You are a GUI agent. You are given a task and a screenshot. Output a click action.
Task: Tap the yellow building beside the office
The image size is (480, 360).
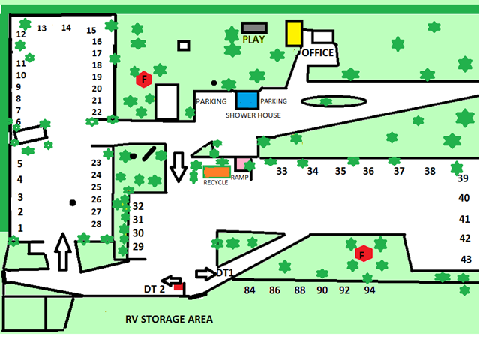pos(293,33)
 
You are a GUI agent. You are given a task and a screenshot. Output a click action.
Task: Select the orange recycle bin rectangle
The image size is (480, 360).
pos(217,172)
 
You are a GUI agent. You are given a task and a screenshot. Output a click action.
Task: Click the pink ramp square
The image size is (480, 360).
pos(241,164)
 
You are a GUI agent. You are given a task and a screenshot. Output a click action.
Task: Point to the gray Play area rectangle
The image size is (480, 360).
pos(254,28)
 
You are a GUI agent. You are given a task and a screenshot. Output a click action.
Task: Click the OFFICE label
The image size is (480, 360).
pos(317,52)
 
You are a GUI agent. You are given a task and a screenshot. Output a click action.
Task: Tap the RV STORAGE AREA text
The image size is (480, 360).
pos(169,319)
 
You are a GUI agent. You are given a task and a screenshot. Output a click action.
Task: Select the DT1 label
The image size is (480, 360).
pos(226,272)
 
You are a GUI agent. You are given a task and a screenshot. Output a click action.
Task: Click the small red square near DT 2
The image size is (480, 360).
pos(178,286)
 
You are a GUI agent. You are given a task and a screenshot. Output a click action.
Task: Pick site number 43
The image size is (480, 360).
pos(466,259)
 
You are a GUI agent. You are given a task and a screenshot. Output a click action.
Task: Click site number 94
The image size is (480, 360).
pos(370,289)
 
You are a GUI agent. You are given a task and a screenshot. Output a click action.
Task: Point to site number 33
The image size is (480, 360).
pos(282,171)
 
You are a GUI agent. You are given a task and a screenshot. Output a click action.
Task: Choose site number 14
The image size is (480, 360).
pos(66,28)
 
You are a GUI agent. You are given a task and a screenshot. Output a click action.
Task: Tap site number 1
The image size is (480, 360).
pos(21,227)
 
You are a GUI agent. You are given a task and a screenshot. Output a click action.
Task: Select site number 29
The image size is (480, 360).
pos(138,246)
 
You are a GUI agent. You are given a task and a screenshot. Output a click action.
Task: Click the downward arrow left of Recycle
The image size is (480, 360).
pos(178,166)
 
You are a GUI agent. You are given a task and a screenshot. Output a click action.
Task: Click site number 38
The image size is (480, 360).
pos(430,171)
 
